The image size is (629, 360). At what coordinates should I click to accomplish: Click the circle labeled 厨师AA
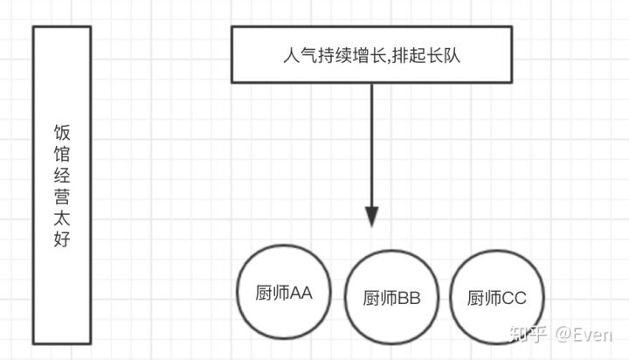pos(283,292)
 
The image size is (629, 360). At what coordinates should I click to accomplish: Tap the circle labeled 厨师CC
pos(495,298)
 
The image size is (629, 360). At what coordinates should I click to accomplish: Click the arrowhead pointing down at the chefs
pos(373,216)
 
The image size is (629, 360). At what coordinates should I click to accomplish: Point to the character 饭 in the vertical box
pos(62,133)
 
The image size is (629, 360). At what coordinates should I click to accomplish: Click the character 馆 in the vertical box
pos(62,155)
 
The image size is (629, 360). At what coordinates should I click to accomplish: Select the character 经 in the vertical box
pos(62,175)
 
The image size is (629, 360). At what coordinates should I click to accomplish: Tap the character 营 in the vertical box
pos(62,196)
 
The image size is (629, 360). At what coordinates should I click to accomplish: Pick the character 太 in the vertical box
pos(62,217)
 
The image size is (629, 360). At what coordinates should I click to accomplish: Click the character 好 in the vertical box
pos(62,238)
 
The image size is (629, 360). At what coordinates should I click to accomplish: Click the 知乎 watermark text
pos(531,333)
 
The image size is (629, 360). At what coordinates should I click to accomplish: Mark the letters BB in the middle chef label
pos(409,299)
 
